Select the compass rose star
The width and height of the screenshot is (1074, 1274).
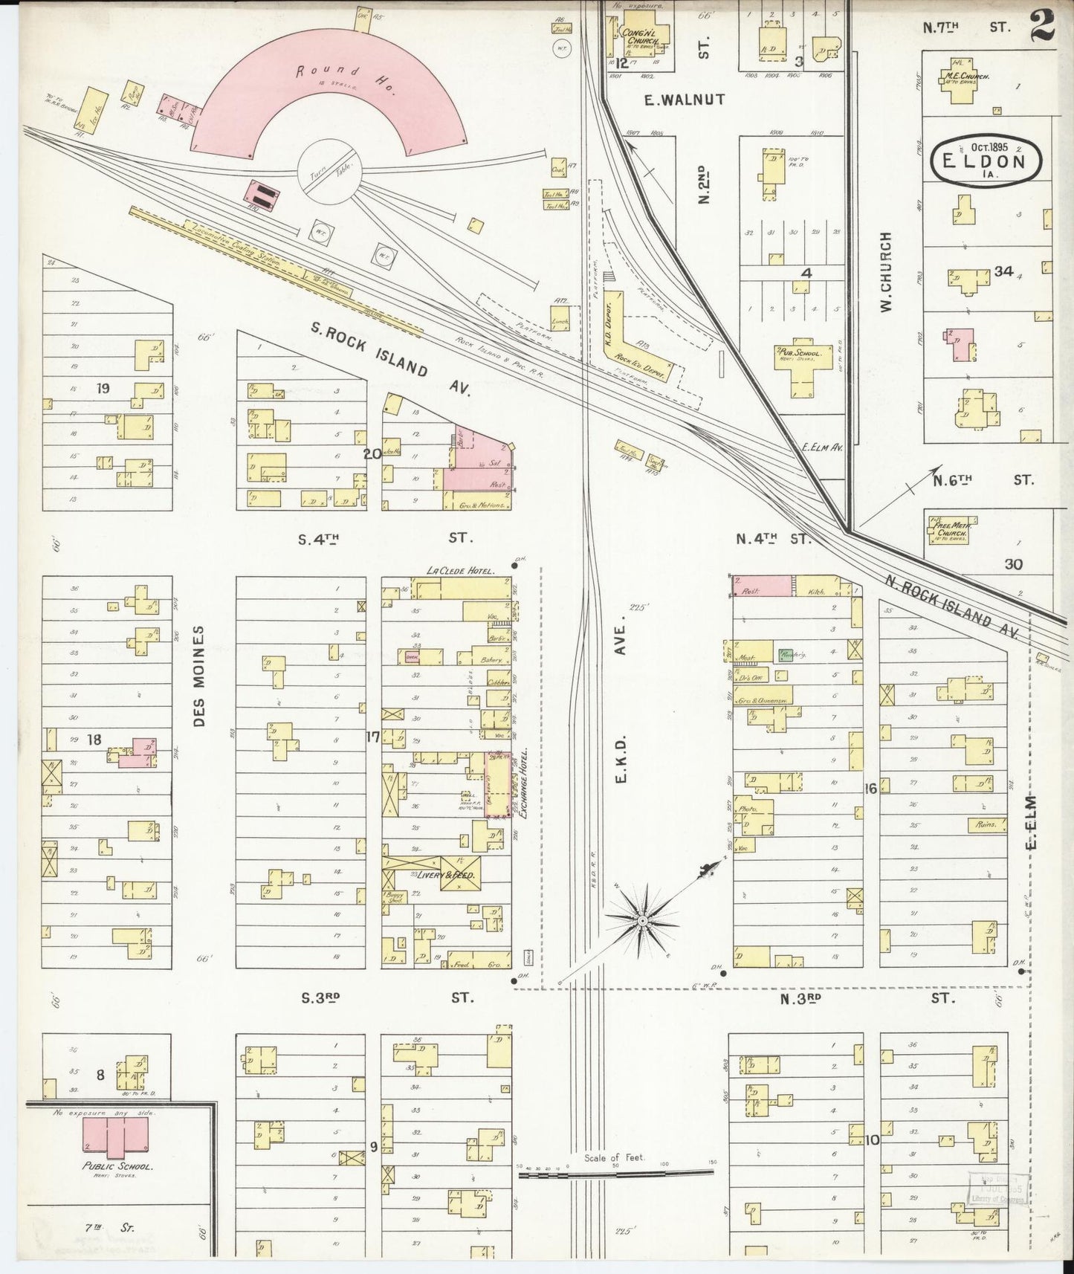click(641, 921)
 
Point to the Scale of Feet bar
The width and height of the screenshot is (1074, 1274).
click(615, 1172)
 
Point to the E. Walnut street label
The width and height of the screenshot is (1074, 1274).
click(684, 99)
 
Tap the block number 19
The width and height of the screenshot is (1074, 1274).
click(103, 387)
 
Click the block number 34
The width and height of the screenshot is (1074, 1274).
click(1003, 272)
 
